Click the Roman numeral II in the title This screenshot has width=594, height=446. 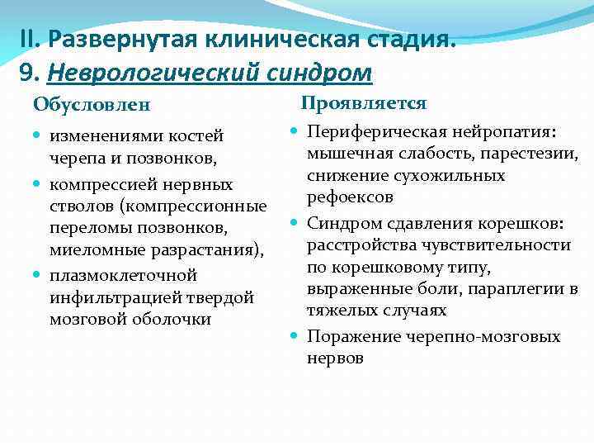[29, 39]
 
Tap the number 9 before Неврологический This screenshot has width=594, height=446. [25, 74]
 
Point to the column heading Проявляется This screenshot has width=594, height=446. [363, 103]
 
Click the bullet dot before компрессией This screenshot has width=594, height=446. [40, 183]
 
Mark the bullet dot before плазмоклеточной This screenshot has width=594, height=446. [40, 274]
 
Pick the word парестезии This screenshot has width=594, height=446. [530, 154]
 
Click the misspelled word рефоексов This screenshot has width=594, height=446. [350, 198]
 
